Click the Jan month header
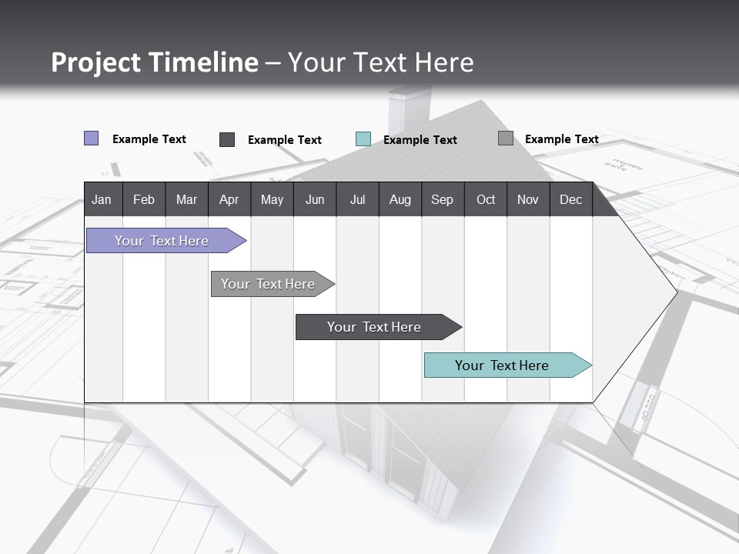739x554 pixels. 102,199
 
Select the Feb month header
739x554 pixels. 144,199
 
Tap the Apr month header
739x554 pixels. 229,199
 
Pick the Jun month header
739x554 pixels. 314,199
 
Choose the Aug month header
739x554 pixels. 400,199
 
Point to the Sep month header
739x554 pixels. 442,199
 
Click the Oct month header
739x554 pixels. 485,199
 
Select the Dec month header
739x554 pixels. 570,199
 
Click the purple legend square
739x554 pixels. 92,138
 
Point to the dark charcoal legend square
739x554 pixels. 227,139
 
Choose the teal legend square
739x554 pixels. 363,139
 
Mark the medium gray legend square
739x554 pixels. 506,138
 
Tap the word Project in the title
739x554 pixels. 96,62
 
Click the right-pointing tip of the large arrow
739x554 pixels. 674,292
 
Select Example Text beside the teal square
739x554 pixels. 420,140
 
